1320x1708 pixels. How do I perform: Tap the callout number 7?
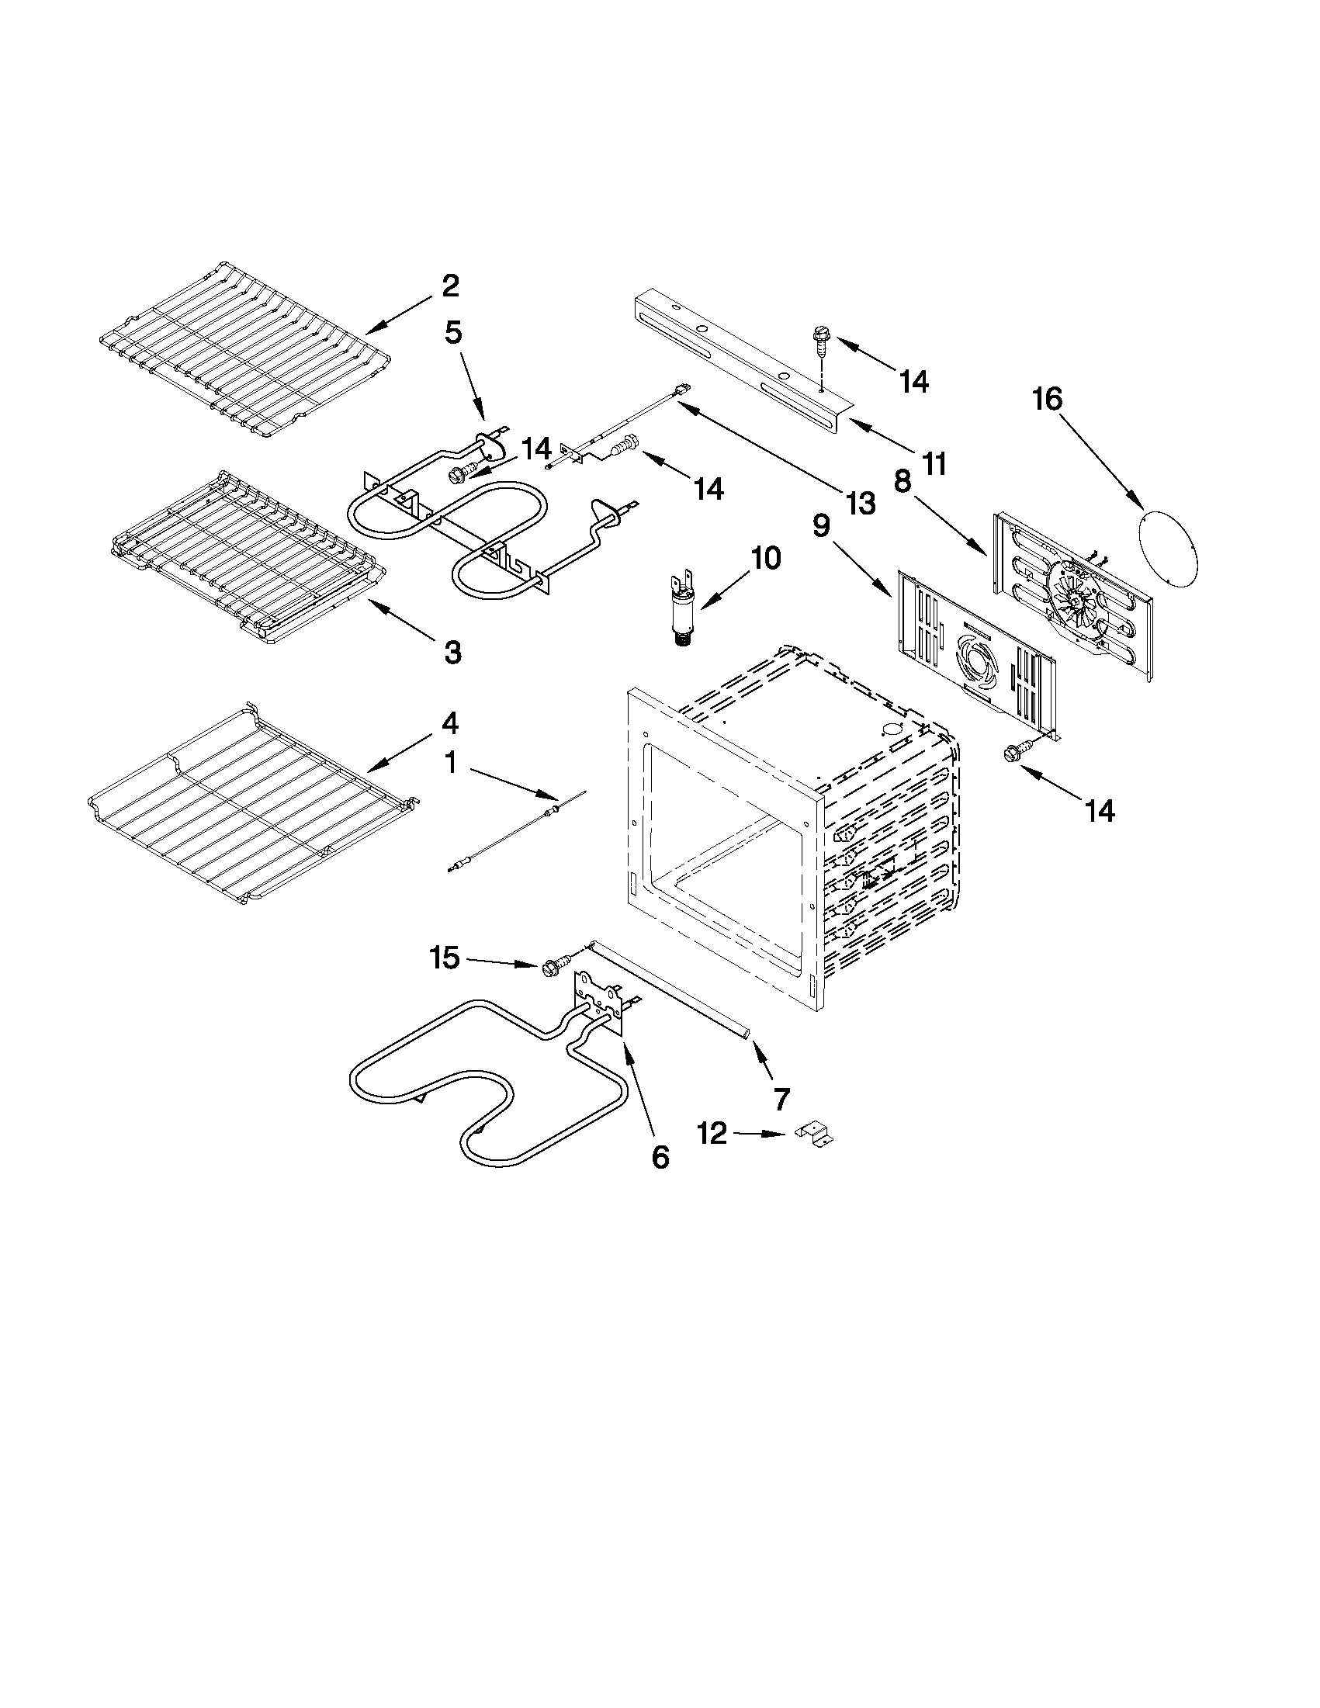point(780,1098)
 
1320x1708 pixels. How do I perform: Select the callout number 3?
point(452,651)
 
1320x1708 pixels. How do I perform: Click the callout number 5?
point(452,333)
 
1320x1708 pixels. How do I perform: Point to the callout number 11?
point(933,463)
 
